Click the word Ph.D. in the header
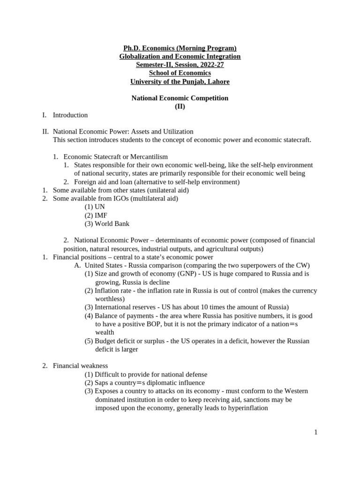click(132, 48)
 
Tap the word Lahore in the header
click(217, 82)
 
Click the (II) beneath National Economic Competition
click(180, 106)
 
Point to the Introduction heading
click(70, 115)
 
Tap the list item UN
click(100, 207)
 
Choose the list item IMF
click(101, 215)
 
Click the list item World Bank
click(112, 224)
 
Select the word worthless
click(108, 299)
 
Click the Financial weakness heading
click(80, 366)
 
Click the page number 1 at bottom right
click(316, 432)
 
